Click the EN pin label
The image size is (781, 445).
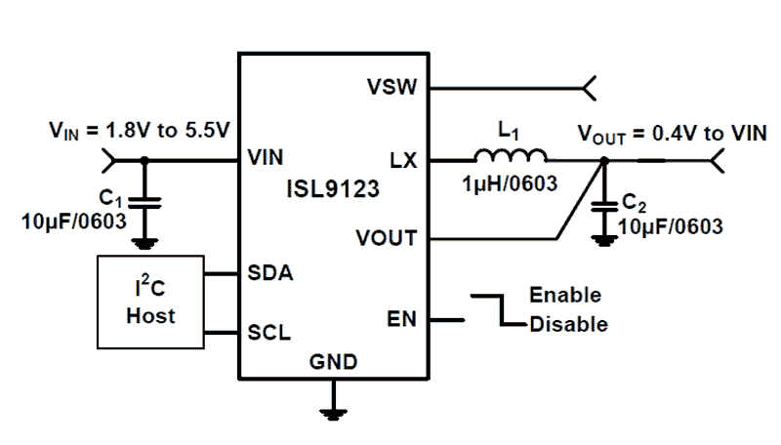click(401, 318)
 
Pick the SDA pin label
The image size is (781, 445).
click(269, 275)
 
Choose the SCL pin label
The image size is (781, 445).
click(269, 333)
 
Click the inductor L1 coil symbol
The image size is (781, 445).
click(510, 155)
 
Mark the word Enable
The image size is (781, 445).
click(564, 295)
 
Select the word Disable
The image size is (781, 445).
click(568, 324)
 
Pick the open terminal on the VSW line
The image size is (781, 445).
click(589, 89)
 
